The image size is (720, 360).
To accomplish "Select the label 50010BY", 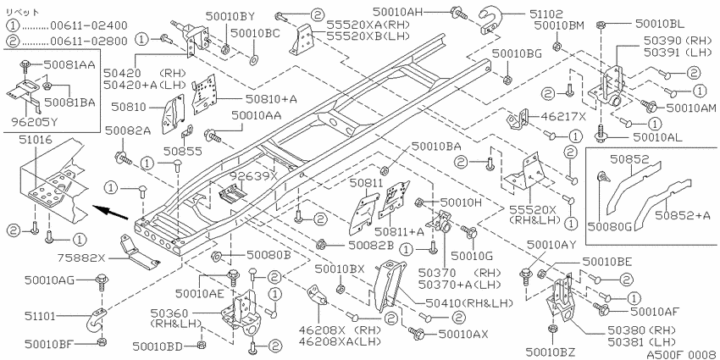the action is (230, 17).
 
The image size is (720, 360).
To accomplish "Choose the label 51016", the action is (36, 139).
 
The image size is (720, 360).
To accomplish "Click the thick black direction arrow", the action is (111, 214).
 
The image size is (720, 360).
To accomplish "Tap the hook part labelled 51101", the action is (95, 320).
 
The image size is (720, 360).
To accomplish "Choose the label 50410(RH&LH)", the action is (468, 302).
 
